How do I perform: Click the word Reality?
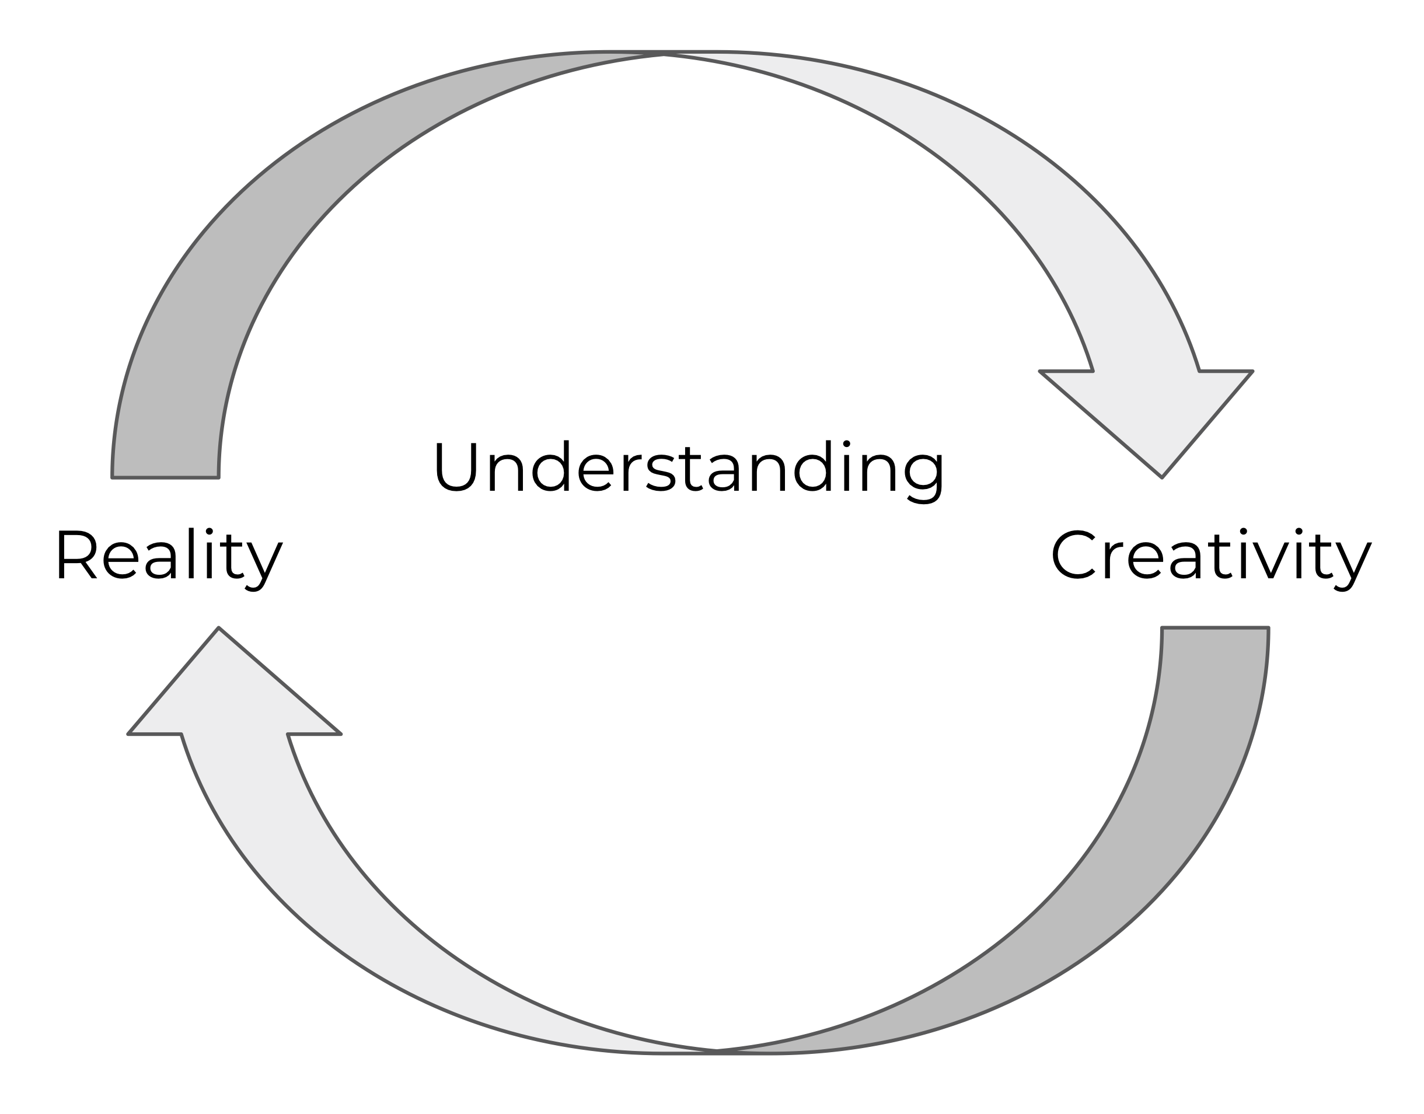168,555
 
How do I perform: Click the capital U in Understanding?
456,467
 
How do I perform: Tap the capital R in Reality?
75,555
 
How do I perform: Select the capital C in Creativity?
1074,555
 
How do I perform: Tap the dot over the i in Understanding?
846,444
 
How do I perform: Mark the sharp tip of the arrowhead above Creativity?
1162,477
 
